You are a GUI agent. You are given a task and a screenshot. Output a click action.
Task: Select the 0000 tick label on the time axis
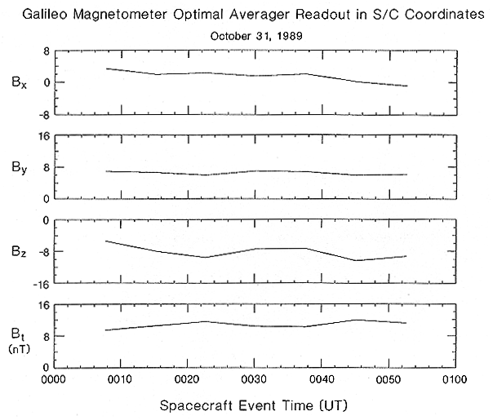click(x=54, y=379)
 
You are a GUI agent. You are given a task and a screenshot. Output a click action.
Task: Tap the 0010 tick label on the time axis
click(x=121, y=379)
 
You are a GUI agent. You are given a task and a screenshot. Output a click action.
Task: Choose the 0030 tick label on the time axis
click(x=255, y=379)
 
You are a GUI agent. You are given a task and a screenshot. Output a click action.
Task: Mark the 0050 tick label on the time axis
click(x=389, y=379)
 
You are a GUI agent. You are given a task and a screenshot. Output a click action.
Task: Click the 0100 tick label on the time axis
click(x=455, y=379)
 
